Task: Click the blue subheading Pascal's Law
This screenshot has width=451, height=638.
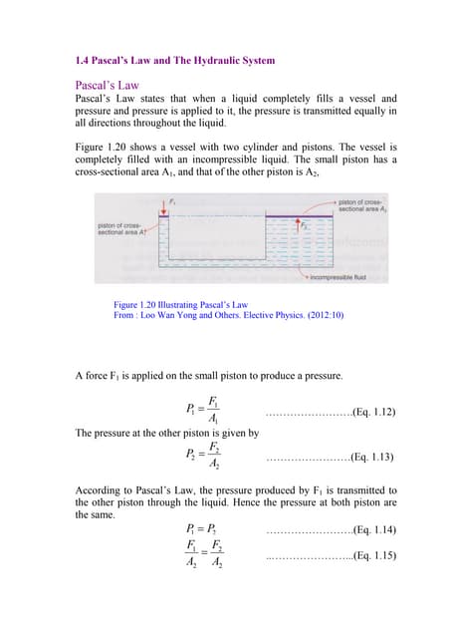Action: tap(114, 85)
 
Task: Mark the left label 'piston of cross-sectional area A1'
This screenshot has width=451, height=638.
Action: tap(118, 230)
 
